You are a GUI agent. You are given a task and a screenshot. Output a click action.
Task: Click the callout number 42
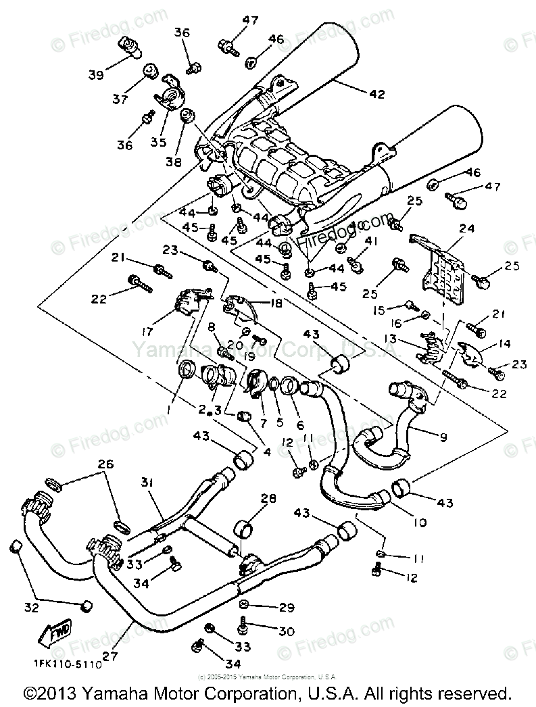(376, 95)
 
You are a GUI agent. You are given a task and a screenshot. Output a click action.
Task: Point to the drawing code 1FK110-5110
(66, 664)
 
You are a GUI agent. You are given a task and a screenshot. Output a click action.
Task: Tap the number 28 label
(269, 498)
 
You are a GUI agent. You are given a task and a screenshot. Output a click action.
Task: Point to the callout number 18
(277, 304)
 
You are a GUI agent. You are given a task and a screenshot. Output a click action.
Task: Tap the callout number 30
(286, 631)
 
